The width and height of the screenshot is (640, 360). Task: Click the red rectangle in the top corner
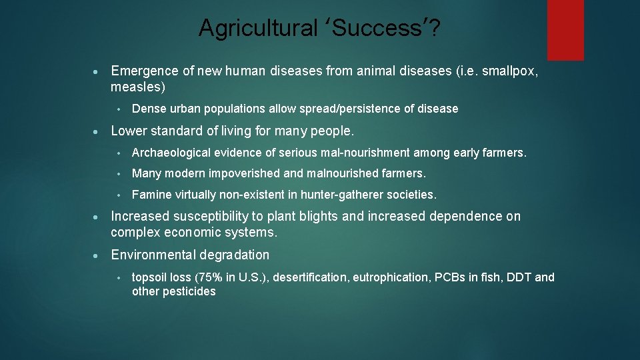click(x=565, y=29)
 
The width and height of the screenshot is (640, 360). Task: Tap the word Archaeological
click(x=169, y=153)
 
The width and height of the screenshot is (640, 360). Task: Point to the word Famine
click(x=151, y=195)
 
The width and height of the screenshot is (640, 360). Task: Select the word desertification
click(x=311, y=277)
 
